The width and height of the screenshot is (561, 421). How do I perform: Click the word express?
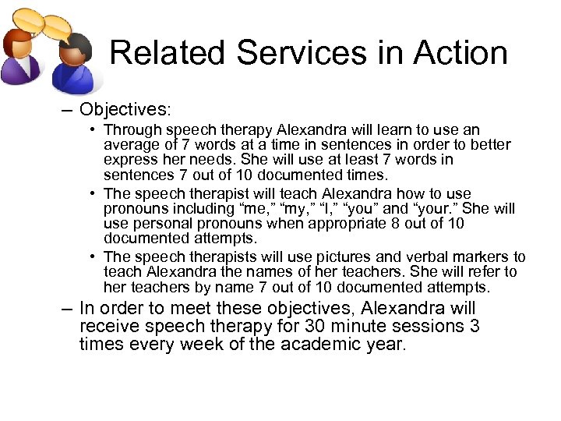[129, 159]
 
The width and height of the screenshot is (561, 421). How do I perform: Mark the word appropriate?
[353, 223]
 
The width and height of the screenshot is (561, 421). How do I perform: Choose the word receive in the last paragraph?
[107, 326]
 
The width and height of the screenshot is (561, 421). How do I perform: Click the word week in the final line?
[203, 344]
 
